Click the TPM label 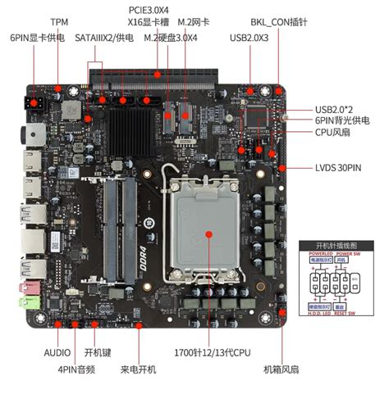pos(60,22)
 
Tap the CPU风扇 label pos(332,132)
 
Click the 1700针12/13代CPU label pos(208,354)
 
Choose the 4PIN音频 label pos(75,370)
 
